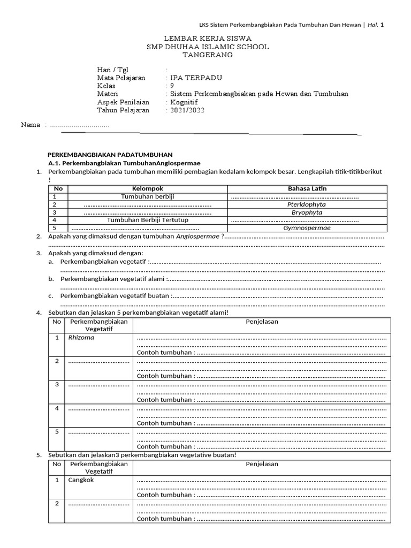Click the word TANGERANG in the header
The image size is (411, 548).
208,55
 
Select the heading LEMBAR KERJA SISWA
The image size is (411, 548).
207,39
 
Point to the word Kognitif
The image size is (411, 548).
185,102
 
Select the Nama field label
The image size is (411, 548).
31,125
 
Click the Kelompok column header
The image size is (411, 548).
147,188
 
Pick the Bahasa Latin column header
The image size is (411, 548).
307,188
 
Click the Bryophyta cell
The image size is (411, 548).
307,212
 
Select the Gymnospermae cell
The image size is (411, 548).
307,228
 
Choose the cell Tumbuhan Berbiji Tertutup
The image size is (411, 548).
148,220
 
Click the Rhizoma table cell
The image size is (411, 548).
81,338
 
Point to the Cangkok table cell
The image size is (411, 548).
81,480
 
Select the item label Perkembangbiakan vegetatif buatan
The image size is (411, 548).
115,295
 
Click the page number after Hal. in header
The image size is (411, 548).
382,25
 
